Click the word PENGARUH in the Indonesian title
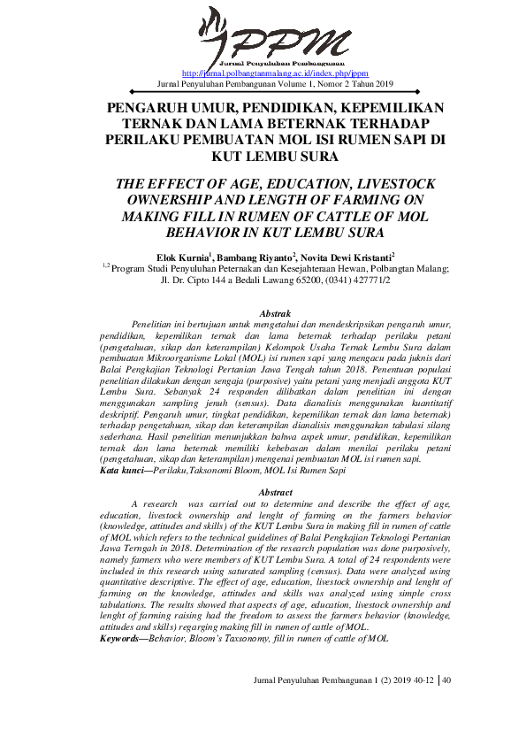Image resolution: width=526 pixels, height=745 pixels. coord(143,107)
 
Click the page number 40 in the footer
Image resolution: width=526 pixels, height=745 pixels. coord(446,705)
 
